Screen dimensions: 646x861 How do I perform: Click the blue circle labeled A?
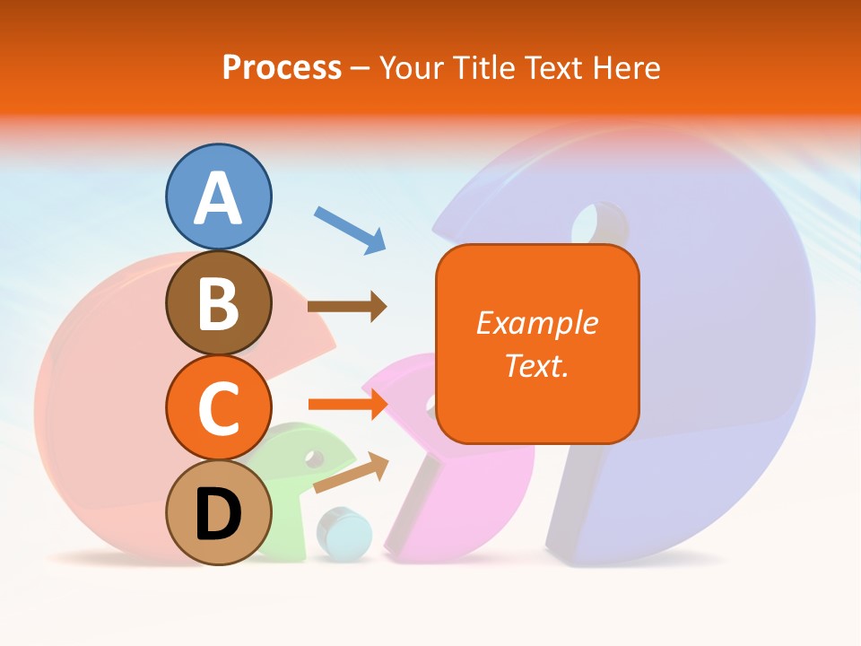pos(218,196)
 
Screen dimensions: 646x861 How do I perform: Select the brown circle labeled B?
pos(218,302)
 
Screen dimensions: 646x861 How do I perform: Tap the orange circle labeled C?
pos(218,407)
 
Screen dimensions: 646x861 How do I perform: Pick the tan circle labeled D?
pos(218,512)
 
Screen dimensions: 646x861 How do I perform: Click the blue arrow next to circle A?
pos(350,230)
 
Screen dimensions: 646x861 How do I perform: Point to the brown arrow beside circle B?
pos(346,307)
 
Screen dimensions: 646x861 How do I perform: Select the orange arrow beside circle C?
pos(346,406)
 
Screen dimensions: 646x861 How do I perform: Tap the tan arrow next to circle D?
pos(351,473)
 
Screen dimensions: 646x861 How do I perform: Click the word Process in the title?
pos(282,67)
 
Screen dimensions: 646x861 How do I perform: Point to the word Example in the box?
pos(536,323)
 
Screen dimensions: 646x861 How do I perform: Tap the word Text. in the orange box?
pos(536,366)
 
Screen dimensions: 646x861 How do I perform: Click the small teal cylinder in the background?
pos(345,533)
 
